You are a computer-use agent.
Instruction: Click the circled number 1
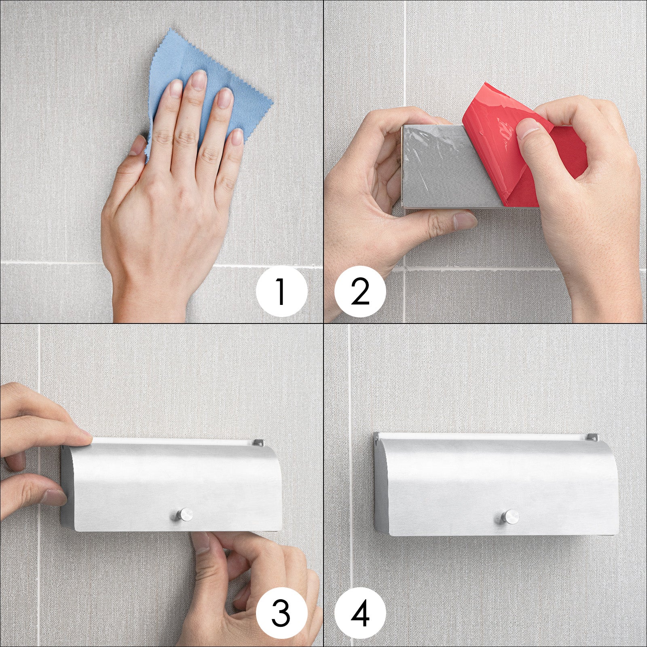coord(281,291)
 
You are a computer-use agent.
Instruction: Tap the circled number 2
coord(360,291)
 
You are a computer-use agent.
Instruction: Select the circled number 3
coord(281,612)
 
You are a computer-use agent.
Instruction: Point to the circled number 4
coord(360,612)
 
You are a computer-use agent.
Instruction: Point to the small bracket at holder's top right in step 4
coord(592,438)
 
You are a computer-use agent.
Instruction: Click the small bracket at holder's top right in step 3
coord(258,443)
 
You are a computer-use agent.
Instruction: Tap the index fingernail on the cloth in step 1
coord(175,88)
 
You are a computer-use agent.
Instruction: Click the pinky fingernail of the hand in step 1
coord(237,137)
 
